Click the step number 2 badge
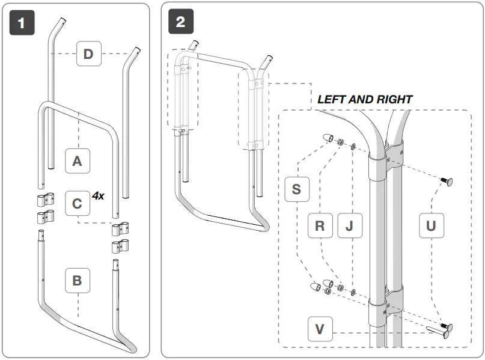180,23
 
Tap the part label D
88,54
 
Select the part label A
77,161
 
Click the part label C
77,204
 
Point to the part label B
77,280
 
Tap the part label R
320,227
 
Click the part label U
431,227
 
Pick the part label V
320,329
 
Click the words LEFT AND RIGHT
365,99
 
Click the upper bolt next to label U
446,180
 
